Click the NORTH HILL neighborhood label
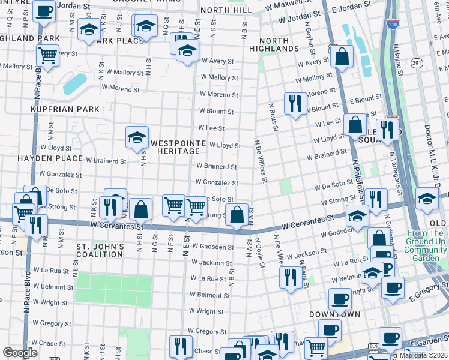click(227, 11)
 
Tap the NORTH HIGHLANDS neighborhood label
click(274, 44)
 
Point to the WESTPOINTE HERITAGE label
click(175, 148)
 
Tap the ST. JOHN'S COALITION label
click(100, 250)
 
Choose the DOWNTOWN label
click(334, 314)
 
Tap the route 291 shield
click(417, 62)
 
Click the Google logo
click(20, 352)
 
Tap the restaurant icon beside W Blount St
click(295, 103)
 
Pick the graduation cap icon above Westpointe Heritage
click(137, 137)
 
